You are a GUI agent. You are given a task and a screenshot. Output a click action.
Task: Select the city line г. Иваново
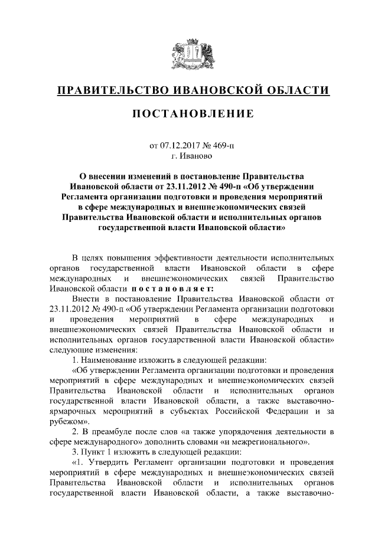189,156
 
